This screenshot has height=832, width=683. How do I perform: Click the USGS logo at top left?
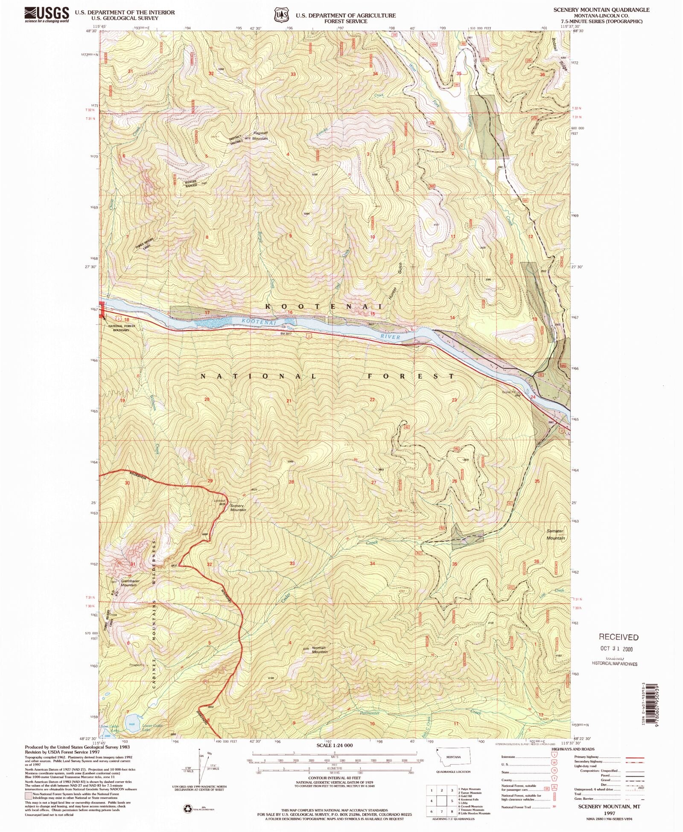(47, 14)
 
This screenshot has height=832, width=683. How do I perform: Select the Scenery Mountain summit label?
(238, 507)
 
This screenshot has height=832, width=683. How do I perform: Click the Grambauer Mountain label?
(129, 583)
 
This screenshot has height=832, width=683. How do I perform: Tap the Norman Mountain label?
(320, 649)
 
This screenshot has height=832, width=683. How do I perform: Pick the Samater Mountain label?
(555, 534)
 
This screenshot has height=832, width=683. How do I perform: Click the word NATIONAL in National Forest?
(258, 376)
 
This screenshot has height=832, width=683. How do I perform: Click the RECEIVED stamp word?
(618, 637)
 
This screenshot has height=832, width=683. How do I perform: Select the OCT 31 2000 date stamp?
(616, 649)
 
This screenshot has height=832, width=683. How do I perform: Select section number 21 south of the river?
(289, 401)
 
